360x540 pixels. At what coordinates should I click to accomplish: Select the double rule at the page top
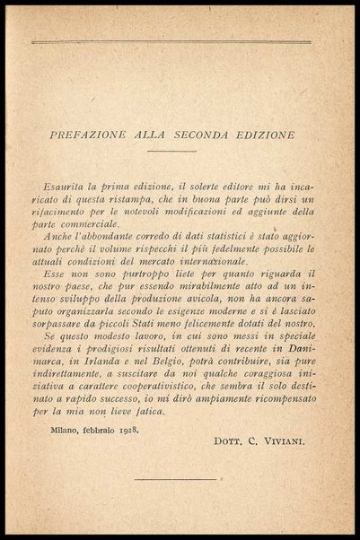pyautogui.click(x=171, y=42)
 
